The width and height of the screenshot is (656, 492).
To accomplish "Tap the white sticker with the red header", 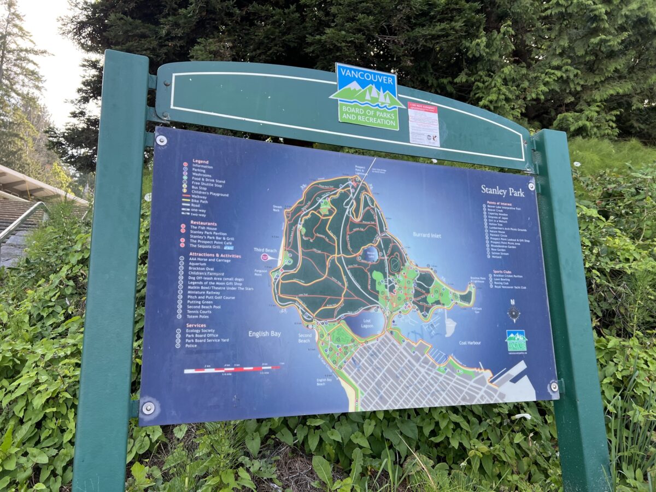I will pyautogui.click(x=424, y=124).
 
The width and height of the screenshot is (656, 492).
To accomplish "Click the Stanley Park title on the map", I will pyautogui.click(x=502, y=191).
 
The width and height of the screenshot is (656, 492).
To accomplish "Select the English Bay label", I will pyautogui.click(x=265, y=333).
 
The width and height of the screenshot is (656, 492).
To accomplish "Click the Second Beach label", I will pyautogui.click(x=304, y=337).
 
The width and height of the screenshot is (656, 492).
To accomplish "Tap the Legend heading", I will pyautogui.click(x=200, y=162).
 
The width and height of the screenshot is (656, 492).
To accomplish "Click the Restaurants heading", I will pyautogui.click(x=203, y=224).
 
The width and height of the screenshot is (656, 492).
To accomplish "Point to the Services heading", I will pyautogui.click(x=196, y=325).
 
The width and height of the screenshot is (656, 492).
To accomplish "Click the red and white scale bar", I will pyautogui.click(x=232, y=370).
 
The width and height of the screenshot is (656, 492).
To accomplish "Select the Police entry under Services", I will pyautogui.click(x=191, y=345).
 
